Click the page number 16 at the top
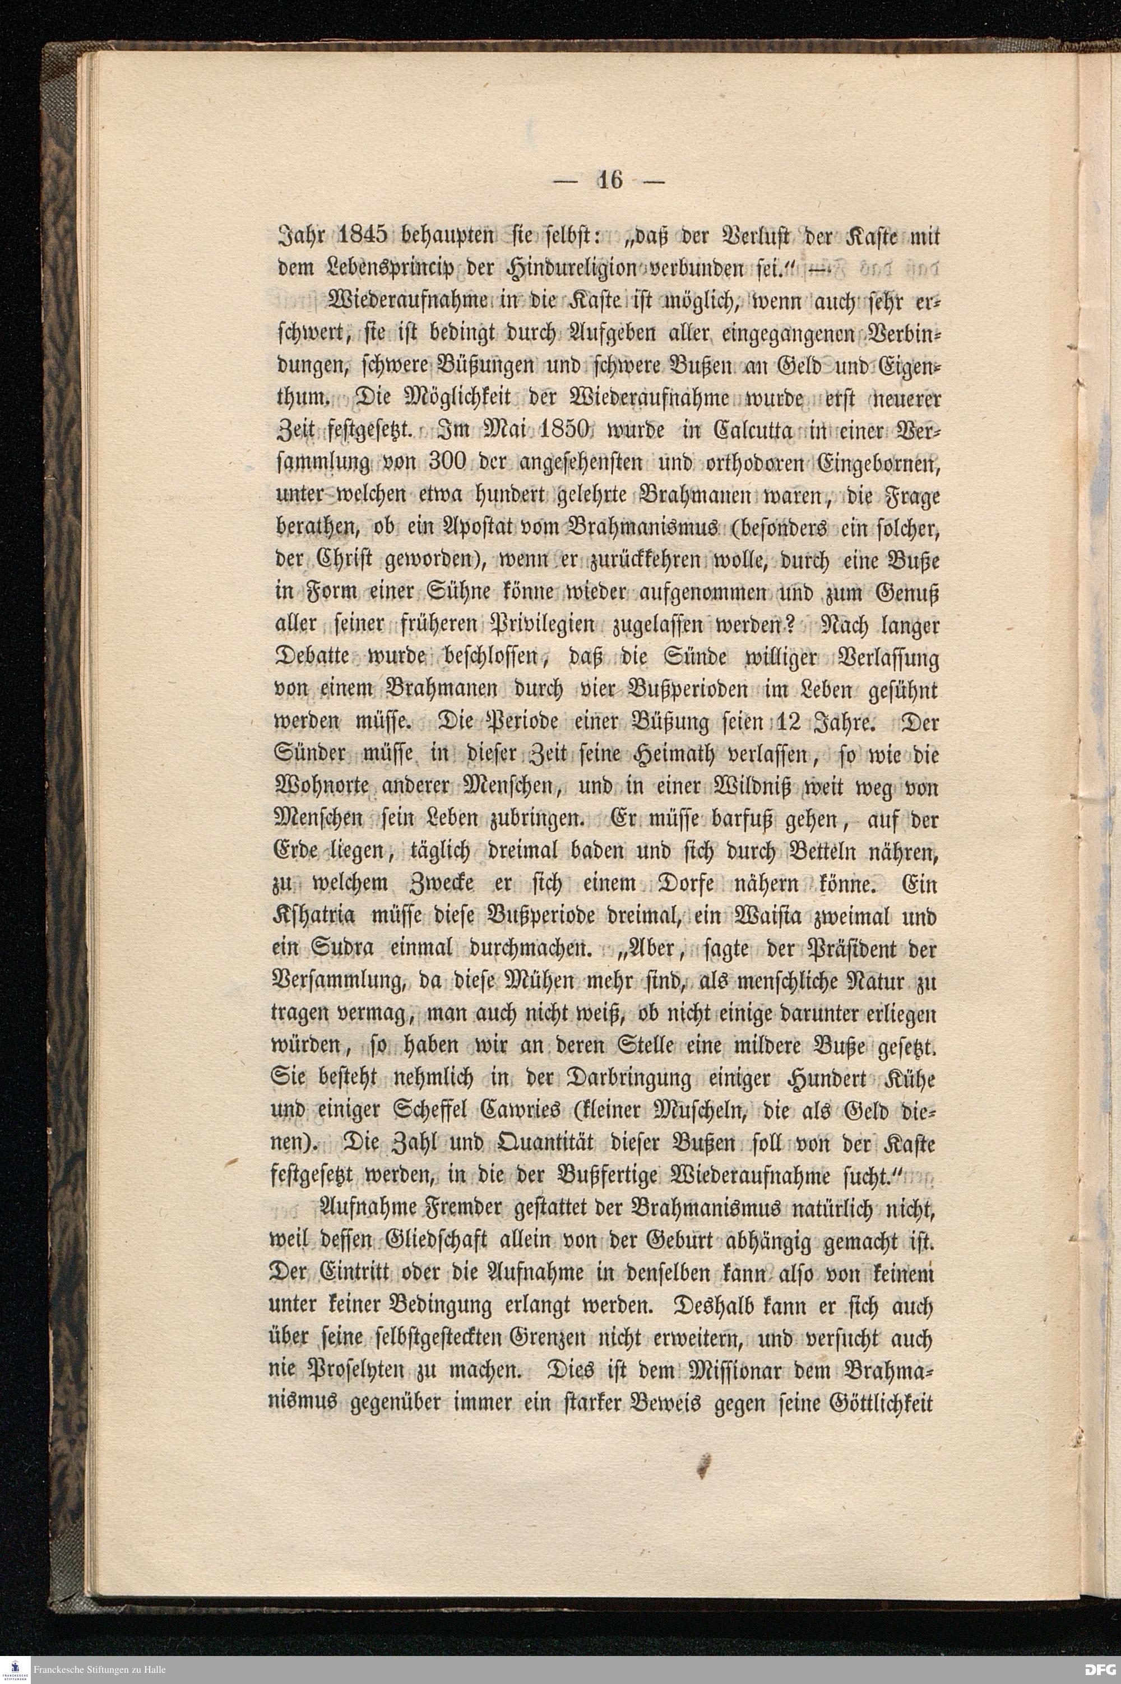pos(610,180)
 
